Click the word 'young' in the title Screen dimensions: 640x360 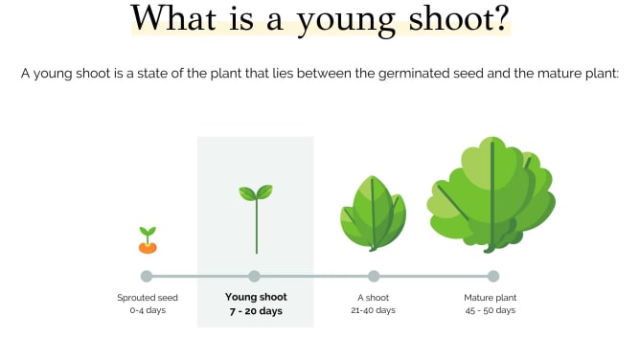click(346, 20)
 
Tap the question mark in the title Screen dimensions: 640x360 click(499, 17)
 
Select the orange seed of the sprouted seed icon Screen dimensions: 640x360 click(148, 247)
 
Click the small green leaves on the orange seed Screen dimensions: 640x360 click(148, 233)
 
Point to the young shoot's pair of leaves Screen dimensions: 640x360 click(256, 192)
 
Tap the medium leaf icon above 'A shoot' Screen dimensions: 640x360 click(373, 214)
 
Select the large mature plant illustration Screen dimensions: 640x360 click(491, 195)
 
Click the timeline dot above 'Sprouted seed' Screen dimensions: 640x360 click(147, 277)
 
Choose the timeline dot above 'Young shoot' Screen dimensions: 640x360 click(254, 277)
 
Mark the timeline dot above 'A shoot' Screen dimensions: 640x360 click(374, 277)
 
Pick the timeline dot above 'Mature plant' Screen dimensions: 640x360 click(493, 277)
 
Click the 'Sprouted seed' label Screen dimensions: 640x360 click(148, 298)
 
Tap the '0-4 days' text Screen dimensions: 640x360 click(148, 310)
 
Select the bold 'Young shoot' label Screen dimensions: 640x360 click(256, 297)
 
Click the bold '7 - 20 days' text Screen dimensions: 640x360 click(256, 311)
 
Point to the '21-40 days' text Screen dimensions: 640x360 click(373, 310)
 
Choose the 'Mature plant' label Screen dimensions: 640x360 click(491, 298)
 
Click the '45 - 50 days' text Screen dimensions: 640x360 click(491, 310)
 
